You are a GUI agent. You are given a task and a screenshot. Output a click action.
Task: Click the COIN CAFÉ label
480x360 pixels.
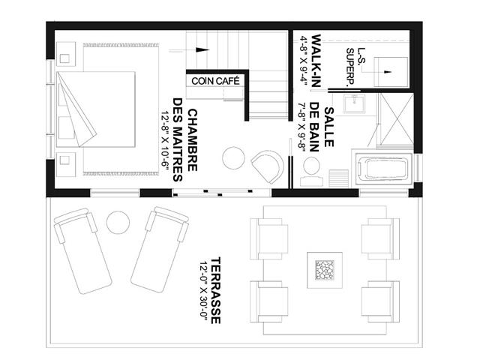pyautogui.click(x=215, y=81)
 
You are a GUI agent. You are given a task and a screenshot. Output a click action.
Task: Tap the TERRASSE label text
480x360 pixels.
pyautogui.click(x=216, y=290)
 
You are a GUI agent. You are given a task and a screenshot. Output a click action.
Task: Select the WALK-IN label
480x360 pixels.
pyautogui.click(x=316, y=61)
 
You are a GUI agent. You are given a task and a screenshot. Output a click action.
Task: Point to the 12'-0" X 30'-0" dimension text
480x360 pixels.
pyautogui.click(x=203, y=290)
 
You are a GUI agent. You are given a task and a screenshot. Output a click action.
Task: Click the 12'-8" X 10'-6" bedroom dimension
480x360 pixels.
pyautogui.click(x=165, y=140)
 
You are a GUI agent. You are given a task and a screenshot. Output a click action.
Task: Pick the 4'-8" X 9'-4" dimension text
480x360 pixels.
pyautogui.click(x=304, y=61)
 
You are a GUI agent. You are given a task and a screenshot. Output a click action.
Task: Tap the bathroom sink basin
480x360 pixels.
pyautogui.click(x=354, y=103)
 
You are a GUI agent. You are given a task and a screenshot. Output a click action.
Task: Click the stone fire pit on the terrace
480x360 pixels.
pyautogui.click(x=325, y=270)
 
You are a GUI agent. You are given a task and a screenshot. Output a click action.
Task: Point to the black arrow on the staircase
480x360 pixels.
pyautogui.click(x=202, y=50)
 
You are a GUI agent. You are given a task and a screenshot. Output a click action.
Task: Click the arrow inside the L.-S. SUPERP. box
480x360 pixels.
pyautogui.click(x=388, y=72)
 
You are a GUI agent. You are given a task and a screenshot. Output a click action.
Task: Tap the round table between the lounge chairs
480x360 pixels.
pyautogui.click(x=118, y=223)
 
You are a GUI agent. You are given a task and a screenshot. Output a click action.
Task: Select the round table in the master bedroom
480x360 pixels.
pyautogui.click(x=233, y=158)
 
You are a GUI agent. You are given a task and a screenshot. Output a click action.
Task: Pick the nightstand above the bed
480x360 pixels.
pyautogui.click(x=66, y=53)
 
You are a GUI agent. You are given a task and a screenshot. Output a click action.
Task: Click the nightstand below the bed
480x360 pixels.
pyautogui.click(x=66, y=164)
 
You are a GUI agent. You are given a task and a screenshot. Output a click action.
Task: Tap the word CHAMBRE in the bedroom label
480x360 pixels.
pyautogui.click(x=192, y=140)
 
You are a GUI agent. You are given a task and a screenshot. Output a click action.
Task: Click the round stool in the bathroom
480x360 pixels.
pyautogui.click(x=312, y=166)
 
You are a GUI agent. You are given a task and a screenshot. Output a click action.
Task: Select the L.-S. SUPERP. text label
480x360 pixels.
pyautogui.click(x=355, y=67)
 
